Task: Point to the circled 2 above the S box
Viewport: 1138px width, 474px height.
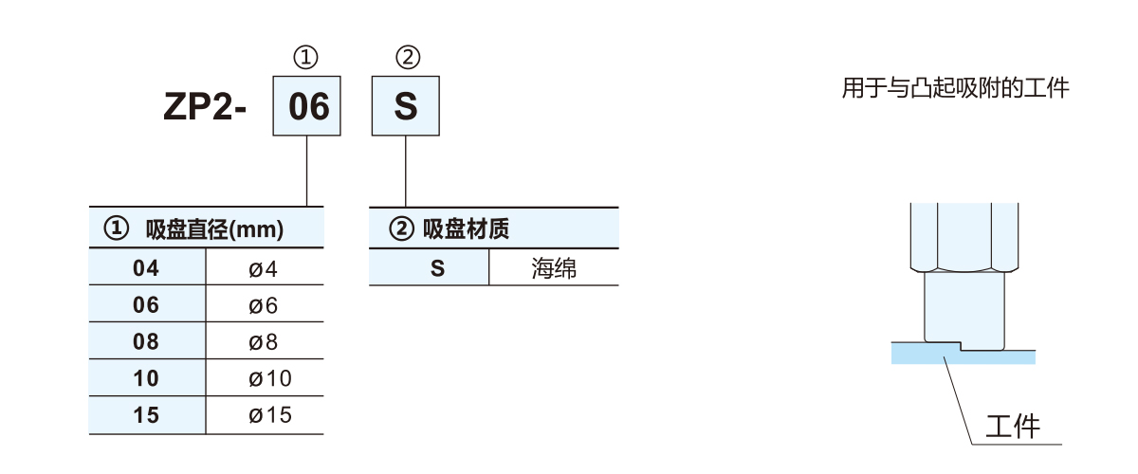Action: point(406,59)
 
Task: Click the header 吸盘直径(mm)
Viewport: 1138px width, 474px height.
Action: point(214,230)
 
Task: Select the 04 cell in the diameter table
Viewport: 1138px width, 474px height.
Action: point(146,269)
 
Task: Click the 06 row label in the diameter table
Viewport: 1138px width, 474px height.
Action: point(146,305)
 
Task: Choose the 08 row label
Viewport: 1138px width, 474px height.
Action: point(146,342)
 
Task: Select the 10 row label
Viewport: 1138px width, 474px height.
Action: point(146,379)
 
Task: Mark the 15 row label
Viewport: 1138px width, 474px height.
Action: point(146,415)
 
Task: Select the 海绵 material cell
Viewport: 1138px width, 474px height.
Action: point(554,268)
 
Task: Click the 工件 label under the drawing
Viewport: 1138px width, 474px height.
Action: point(1012,426)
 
